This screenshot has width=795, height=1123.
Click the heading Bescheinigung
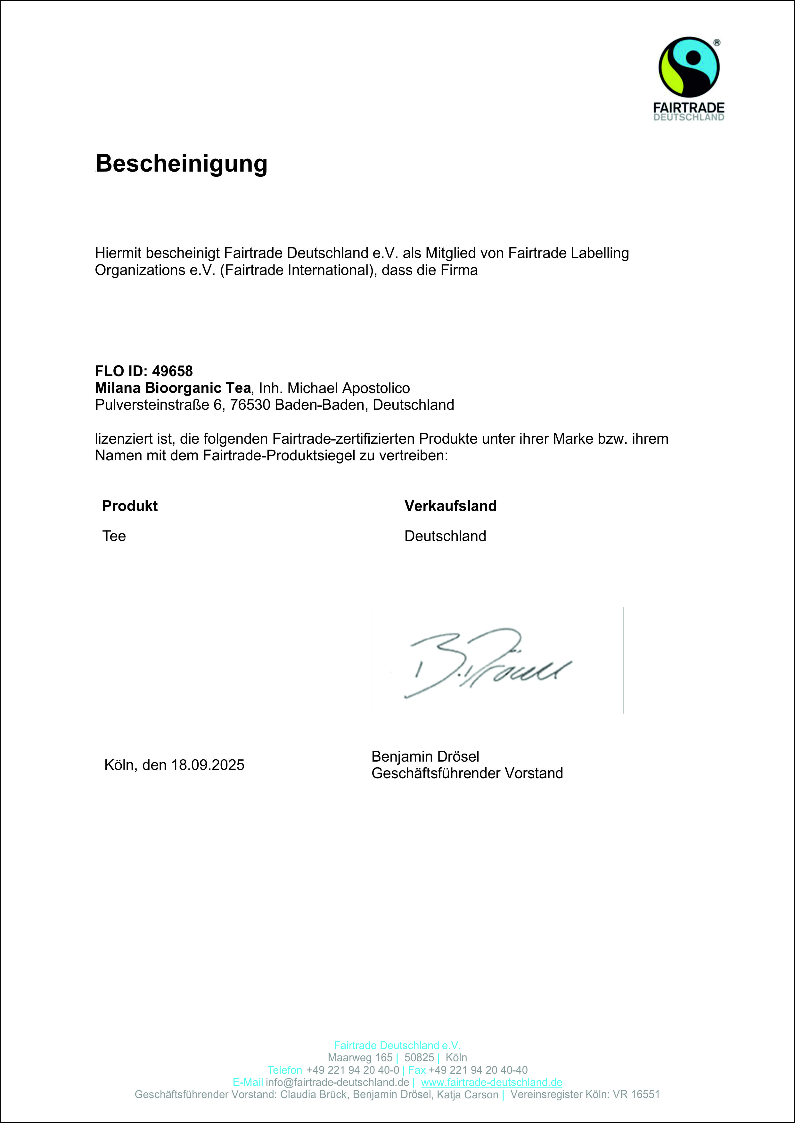point(181,163)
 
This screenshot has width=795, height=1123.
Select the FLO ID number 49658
point(172,371)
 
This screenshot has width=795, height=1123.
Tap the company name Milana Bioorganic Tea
point(173,388)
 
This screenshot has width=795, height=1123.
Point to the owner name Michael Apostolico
point(348,388)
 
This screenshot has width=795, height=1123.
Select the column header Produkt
point(130,506)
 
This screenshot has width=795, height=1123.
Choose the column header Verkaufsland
point(450,506)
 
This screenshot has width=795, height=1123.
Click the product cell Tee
point(114,536)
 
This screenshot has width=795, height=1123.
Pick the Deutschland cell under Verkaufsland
point(445,536)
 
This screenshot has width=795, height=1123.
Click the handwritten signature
point(487,663)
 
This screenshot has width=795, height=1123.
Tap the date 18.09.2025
point(208,765)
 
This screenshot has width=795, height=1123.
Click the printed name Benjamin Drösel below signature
point(425,757)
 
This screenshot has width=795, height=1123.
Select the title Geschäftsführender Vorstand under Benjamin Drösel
point(467,773)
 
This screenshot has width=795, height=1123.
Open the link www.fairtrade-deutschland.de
point(491,1082)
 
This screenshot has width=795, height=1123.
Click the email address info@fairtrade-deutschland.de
point(337,1082)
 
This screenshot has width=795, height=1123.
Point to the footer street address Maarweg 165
point(360,1057)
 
